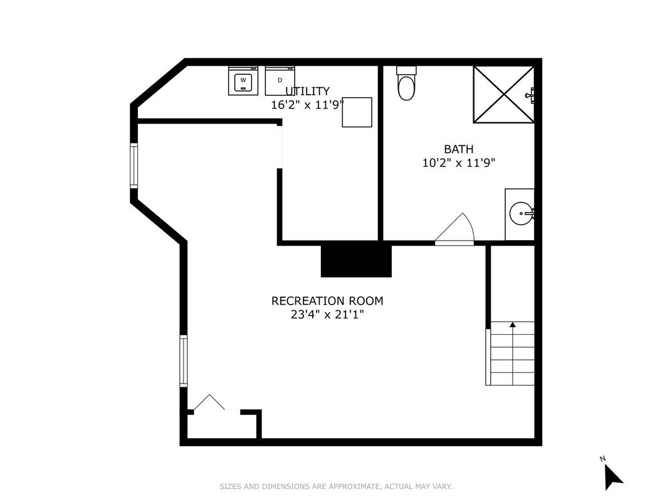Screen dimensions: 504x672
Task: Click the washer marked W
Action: pyautogui.click(x=243, y=80)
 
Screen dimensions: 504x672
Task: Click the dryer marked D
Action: pyautogui.click(x=280, y=80)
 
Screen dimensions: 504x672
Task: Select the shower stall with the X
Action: pyautogui.click(x=503, y=95)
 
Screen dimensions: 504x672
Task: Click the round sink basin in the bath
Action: pyautogui.click(x=520, y=214)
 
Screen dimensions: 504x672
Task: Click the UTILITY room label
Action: pyautogui.click(x=307, y=92)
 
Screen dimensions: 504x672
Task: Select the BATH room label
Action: pyautogui.click(x=459, y=149)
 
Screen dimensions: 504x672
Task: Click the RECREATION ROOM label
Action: pyautogui.click(x=327, y=301)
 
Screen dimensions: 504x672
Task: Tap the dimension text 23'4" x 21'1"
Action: pyautogui.click(x=327, y=315)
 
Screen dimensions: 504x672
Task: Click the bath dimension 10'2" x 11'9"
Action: pyautogui.click(x=459, y=163)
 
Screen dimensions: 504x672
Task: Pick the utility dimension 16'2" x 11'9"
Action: pyautogui.click(x=307, y=105)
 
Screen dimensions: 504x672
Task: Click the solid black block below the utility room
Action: pyautogui.click(x=356, y=260)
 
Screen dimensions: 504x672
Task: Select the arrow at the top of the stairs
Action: pyautogui.click(x=512, y=325)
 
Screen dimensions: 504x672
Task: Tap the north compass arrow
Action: pyautogui.click(x=612, y=477)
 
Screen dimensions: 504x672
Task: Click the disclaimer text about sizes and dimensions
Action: pyautogui.click(x=335, y=486)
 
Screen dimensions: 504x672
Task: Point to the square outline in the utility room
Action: pyautogui.click(x=357, y=112)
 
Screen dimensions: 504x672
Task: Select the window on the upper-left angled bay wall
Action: pyautogui.click(x=134, y=165)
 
